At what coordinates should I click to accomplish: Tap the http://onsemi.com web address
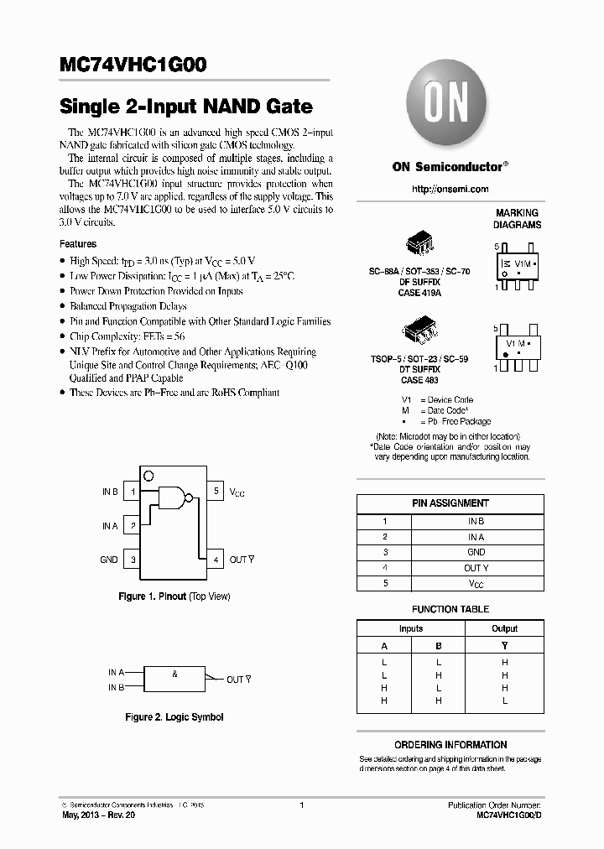point(450,190)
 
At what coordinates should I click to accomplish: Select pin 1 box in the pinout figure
point(132,492)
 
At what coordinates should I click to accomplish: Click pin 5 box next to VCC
point(216,492)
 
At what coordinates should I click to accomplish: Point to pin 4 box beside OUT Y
point(216,559)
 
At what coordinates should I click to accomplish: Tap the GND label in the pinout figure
point(109,560)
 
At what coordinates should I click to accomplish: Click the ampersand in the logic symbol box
point(174,675)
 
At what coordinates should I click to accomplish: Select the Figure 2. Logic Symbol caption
point(174,717)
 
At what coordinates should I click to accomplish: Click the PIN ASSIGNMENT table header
point(450,503)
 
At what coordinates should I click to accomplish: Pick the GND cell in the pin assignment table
point(476,552)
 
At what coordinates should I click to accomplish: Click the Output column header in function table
point(504,628)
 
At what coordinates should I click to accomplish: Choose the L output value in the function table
point(504,700)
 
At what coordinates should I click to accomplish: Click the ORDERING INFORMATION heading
point(450,745)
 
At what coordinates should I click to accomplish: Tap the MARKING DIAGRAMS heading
point(517,219)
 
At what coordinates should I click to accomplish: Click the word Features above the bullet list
point(78,244)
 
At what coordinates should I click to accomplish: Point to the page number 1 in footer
point(301,805)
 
